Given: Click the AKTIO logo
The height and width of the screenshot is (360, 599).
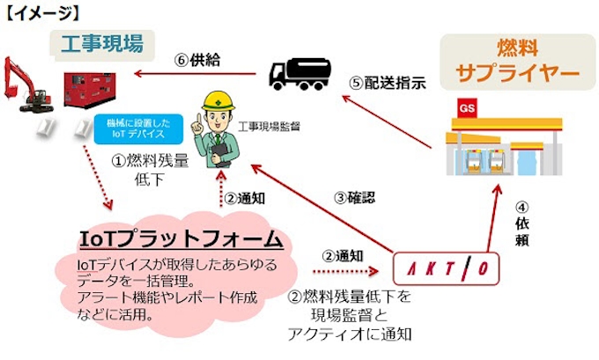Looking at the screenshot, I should [x=446, y=266].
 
